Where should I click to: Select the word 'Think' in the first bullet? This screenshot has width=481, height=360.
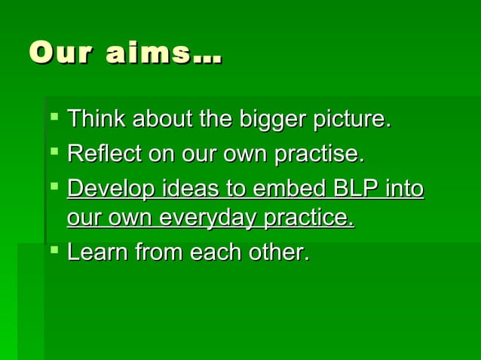97,119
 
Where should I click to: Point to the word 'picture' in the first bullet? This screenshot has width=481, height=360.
351,119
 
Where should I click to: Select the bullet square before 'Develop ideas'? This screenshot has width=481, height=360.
52,186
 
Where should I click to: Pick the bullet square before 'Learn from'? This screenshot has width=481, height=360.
52,250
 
